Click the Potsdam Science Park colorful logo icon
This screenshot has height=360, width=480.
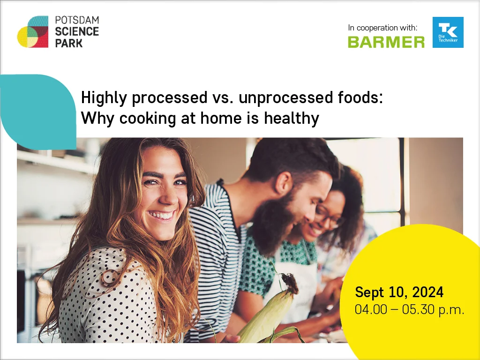(x=33, y=32)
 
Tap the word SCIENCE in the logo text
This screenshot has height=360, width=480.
(x=77, y=31)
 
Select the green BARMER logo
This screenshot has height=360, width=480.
(x=386, y=42)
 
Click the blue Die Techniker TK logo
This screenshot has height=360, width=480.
(x=448, y=32)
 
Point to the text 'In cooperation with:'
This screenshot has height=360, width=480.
(x=382, y=28)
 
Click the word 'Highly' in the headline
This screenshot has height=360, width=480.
(x=104, y=98)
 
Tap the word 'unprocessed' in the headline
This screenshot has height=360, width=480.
(x=286, y=98)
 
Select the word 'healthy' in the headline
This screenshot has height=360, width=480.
(x=292, y=119)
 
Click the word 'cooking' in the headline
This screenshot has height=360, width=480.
(x=148, y=119)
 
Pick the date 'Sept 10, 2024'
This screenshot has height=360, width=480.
(x=399, y=292)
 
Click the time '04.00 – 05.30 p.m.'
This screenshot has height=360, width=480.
(x=409, y=309)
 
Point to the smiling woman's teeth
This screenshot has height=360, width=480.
(x=161, y=215)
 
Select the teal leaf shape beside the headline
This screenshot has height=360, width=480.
(x=38, y=112)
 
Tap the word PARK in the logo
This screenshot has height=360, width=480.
(x=69, y=43)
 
